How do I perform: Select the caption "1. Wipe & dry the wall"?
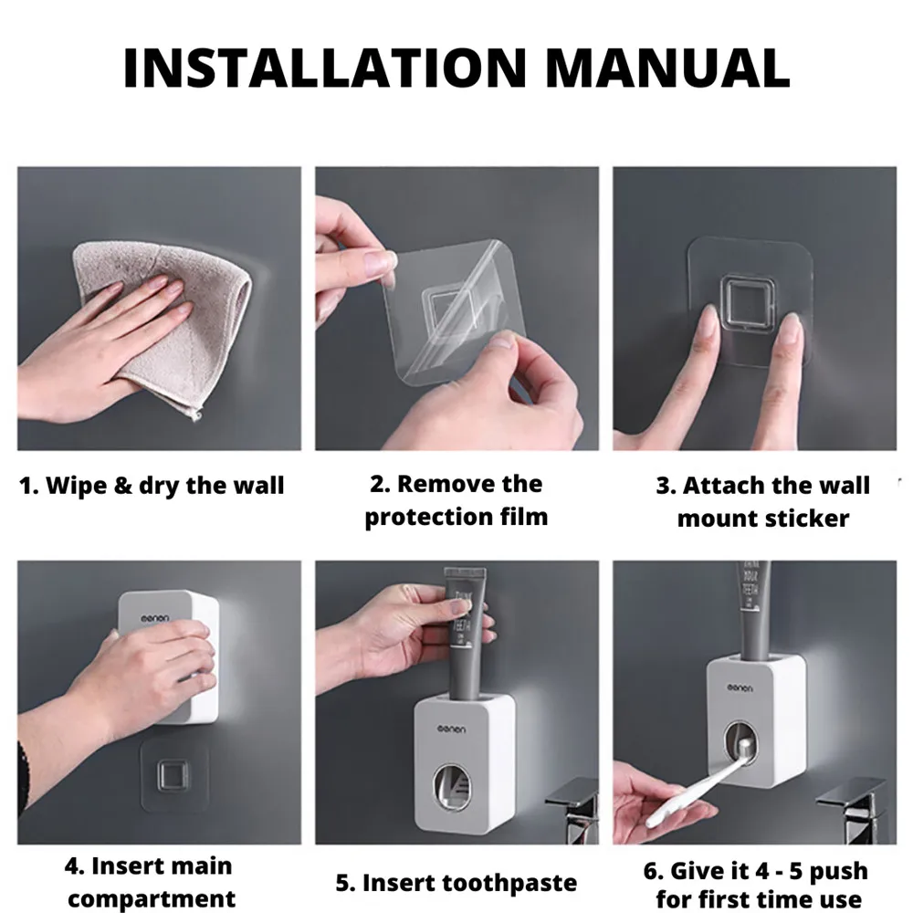[x=152, y=485]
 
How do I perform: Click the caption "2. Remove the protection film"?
[x=456, y=500]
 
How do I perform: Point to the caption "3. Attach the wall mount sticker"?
[x=762, y=501]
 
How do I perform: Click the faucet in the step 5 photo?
[x=571, y=803]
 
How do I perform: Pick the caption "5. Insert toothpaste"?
[x=456, y=883]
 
